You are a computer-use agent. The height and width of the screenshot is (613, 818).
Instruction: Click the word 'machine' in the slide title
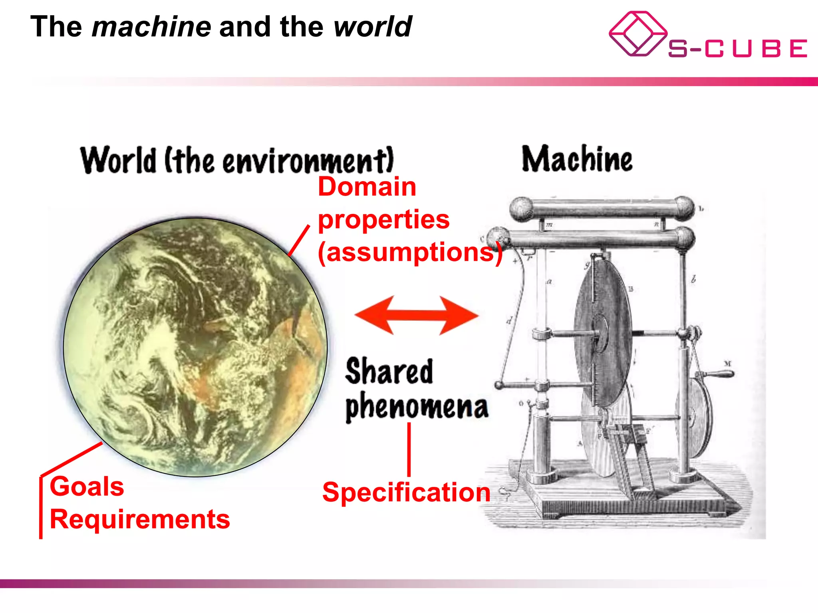click(x=151, y=27)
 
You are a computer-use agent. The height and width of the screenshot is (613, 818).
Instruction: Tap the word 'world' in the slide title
click(x=372, y=27)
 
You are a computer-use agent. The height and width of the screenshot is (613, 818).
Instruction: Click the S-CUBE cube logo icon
click(x=637, y=34)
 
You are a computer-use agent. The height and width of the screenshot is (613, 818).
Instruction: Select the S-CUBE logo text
click(x=737, y=49)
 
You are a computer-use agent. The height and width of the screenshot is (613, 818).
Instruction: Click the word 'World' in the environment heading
click(x=118, y=160)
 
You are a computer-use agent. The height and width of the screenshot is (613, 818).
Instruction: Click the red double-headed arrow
click(x=417, y=315)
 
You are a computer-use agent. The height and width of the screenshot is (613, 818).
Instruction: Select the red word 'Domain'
click(x=367, y=187)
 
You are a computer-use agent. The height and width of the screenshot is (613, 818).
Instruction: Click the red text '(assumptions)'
click(x=410, y=252)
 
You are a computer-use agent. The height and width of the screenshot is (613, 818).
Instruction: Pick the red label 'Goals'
click(x=87, y=486)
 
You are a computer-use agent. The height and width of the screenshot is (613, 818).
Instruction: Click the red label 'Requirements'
click(x=140, y=519)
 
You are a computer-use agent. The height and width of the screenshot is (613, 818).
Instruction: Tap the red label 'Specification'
click(x=406, y=492)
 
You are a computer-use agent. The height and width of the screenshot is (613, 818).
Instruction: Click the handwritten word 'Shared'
click(x=389, y=371)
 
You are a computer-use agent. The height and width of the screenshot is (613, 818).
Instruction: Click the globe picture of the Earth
click(x=195, y=346)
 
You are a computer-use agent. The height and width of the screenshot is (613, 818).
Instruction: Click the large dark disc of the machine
click(x=603, y=331)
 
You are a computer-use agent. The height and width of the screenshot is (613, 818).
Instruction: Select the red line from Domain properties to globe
click(x=299, y=240)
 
